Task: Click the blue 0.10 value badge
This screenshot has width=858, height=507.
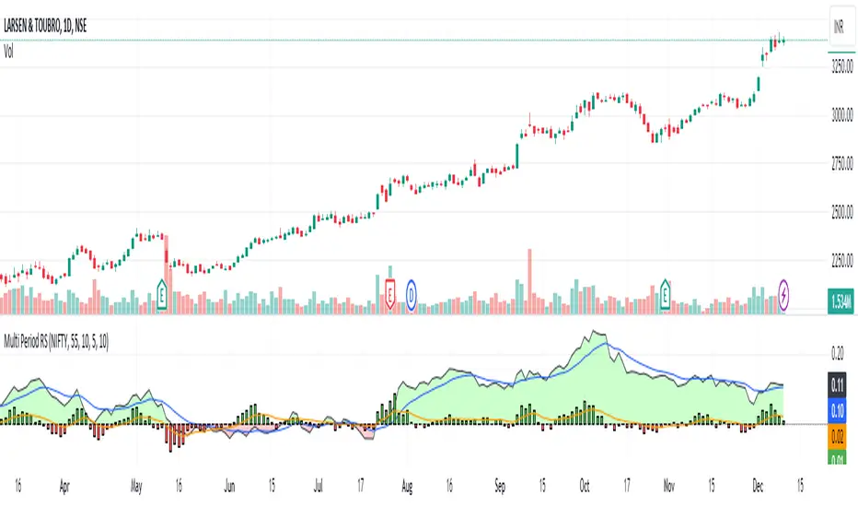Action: coord(838,407)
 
